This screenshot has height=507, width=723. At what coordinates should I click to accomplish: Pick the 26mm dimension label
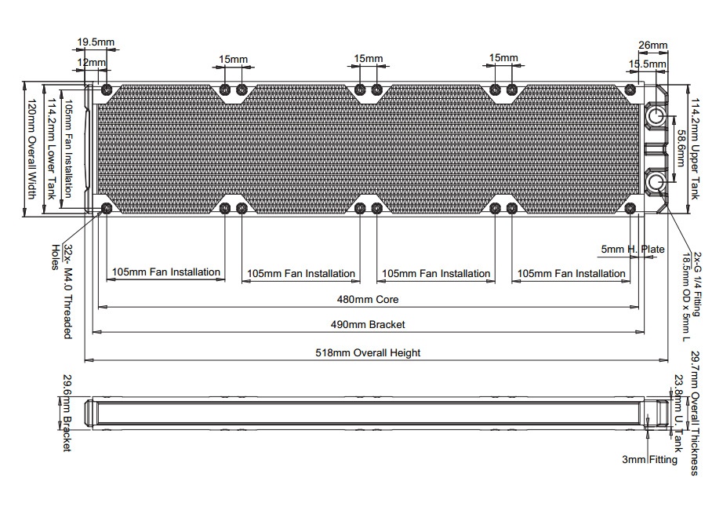point(653,45)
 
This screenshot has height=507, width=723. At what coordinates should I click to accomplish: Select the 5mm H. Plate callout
point(633,250)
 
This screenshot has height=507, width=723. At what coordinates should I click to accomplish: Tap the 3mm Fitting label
point(649,460)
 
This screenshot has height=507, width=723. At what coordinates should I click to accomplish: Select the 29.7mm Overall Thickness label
point(695,412)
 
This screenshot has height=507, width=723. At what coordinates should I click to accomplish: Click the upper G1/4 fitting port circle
point(656,116)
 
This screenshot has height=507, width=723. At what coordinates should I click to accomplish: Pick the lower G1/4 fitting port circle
point(656,183)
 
